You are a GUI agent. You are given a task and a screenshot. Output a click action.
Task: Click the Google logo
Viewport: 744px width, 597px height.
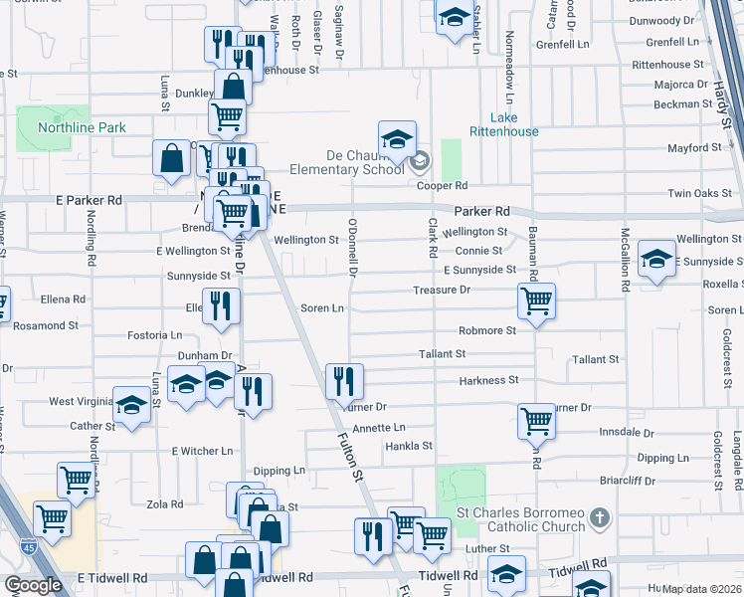coord(33,585)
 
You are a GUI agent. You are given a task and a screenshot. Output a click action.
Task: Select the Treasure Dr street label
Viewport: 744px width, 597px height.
coord(441,290)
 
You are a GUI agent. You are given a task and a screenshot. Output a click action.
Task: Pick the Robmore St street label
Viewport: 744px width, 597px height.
coord(487,330)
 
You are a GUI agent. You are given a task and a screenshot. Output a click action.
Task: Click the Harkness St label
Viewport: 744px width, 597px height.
coord(488,380)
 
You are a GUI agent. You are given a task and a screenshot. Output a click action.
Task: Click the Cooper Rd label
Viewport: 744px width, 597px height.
coord(443,186)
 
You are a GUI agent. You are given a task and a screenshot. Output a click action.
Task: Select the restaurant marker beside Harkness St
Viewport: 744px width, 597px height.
coord(344,380)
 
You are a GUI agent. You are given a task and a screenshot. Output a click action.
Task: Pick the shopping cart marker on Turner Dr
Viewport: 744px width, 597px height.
coord(536,421)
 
